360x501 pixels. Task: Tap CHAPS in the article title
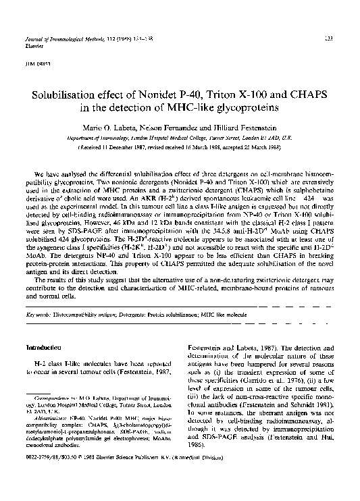[x=299, y=94]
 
